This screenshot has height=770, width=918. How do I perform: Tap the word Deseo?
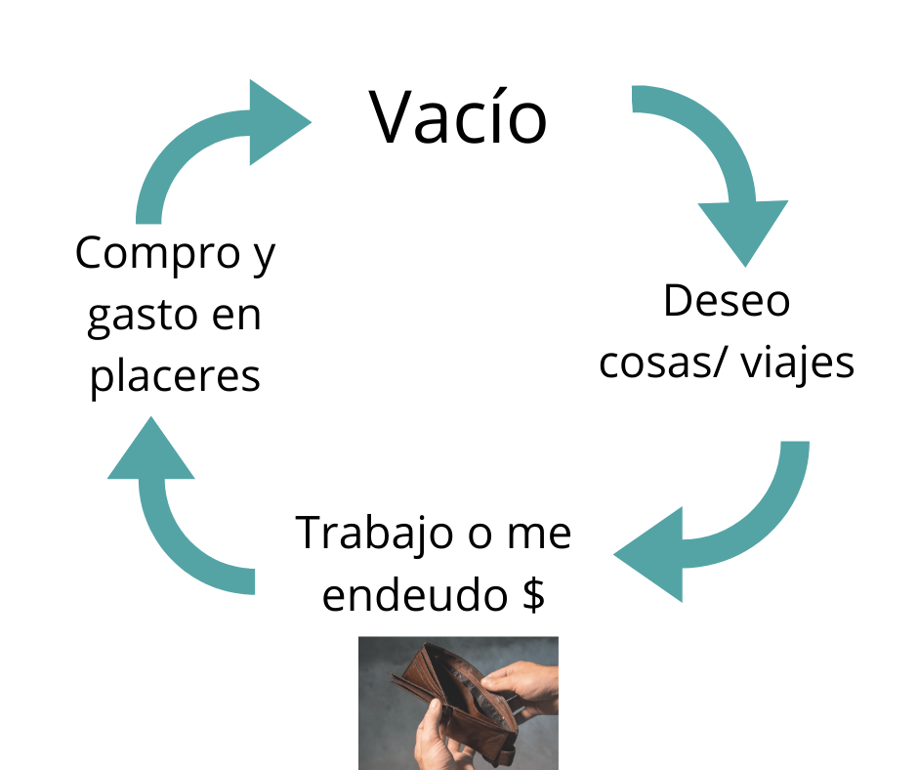pos(727,301)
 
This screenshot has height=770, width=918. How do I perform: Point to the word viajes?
pos(798,364)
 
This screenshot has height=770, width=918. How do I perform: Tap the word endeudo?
pos(414,595)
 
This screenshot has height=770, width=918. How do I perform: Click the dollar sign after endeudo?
pos(533,595)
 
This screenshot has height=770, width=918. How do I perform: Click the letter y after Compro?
pos(265,258)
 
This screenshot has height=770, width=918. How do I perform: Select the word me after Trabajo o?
pos(539,535)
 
